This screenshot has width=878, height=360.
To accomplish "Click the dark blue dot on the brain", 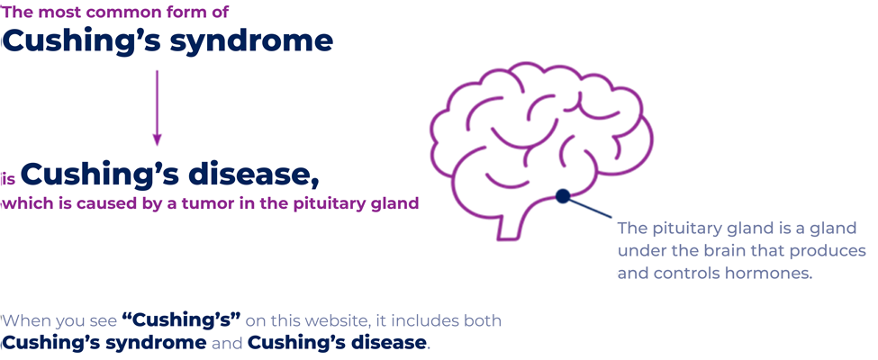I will pos(563,196).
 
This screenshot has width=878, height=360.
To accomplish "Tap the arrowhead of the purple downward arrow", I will pos(158,139).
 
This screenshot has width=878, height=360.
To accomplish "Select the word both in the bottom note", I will pos(481,320).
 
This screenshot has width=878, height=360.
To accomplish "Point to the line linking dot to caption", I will pos(590,209).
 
